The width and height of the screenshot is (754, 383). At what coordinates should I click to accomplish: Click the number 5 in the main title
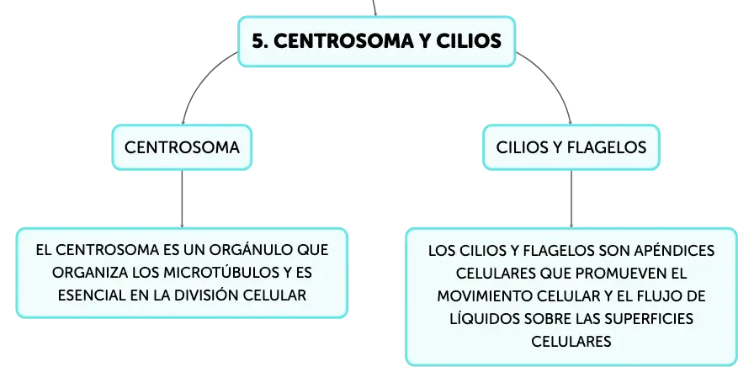click(259, 41)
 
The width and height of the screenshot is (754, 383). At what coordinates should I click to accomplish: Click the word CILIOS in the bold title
click(469, 41)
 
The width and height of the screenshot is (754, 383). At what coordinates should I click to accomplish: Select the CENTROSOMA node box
click(182, 147)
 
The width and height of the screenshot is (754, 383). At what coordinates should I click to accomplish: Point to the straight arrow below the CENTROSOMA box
click(182, 199)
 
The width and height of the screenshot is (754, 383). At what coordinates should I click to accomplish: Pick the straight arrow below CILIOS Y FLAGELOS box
click(571, 199)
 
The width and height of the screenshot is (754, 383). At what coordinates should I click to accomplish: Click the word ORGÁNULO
click(251, 250)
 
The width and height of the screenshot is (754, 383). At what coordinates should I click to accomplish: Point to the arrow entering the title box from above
click(374, 8)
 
